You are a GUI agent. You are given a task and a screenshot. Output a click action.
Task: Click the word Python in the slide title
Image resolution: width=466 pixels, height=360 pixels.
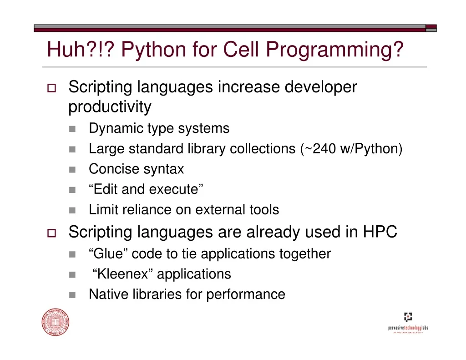click(x=154, y=50)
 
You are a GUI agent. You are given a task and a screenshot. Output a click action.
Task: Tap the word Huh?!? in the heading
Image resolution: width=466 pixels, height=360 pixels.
click(x=81, y=49)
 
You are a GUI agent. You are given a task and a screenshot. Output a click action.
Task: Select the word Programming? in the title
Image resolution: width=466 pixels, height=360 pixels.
click(x=334, y=50)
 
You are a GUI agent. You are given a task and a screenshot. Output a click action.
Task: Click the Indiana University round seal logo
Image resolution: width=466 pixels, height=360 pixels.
click(x=56, y=322)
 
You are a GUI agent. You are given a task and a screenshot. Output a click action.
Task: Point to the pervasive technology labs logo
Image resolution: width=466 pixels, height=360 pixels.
click(x=408, y=323)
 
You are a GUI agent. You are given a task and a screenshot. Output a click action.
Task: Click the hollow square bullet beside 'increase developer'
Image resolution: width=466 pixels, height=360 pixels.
click(x=52, y=88)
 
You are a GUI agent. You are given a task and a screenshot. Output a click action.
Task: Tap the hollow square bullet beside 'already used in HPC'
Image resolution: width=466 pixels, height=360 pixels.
click(x=52, y=233)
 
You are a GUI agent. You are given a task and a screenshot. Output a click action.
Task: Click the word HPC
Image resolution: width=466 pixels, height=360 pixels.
click(x=380, y=232)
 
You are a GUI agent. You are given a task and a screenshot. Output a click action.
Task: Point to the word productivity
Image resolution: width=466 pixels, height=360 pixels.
click(x=110, y=107)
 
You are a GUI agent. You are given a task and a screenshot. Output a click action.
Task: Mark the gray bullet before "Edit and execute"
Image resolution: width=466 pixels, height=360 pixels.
click(x=72, y=190)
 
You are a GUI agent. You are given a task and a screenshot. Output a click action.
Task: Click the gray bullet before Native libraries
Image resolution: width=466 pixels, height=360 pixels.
click(x=72, y=295)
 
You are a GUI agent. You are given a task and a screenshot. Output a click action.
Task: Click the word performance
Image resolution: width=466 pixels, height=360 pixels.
click(x=245, y=295)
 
